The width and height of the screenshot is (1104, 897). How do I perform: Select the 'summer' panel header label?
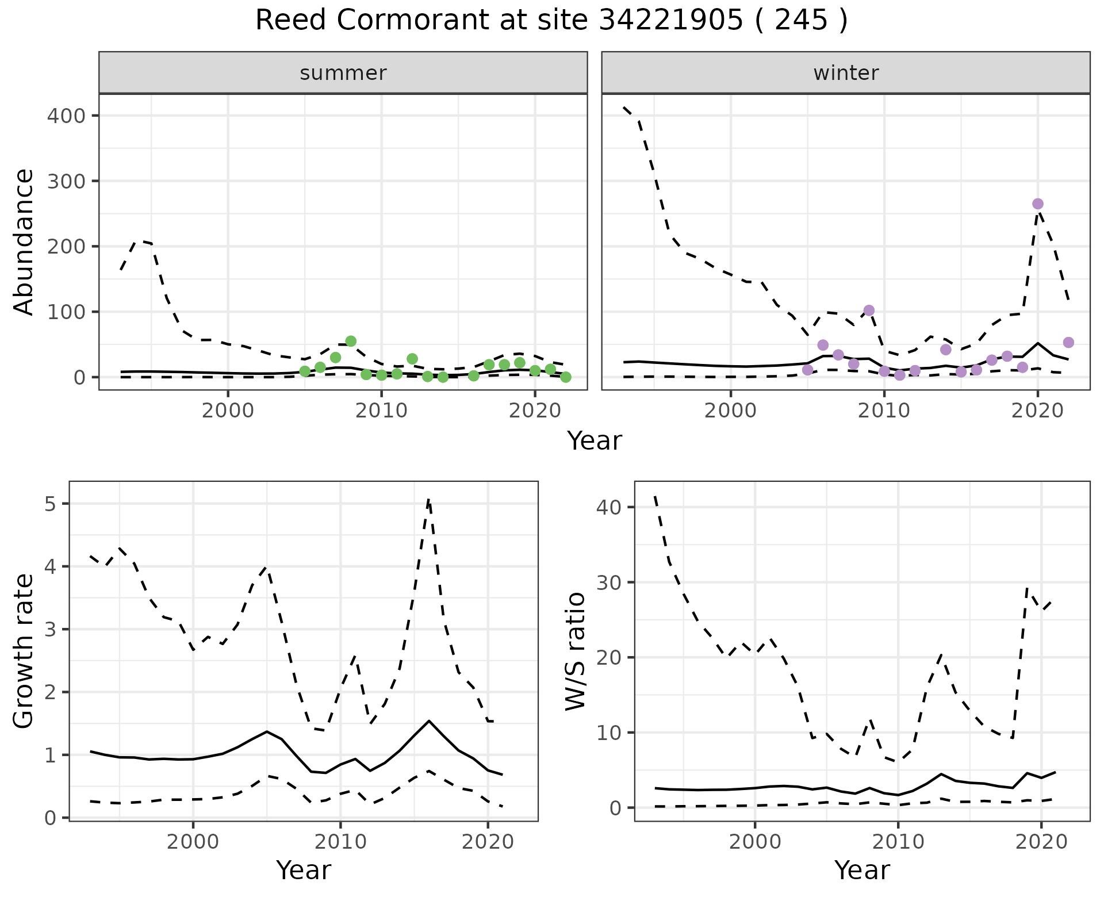(x=343, y=73)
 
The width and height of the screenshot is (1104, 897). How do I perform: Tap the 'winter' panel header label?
(x=846, y=73)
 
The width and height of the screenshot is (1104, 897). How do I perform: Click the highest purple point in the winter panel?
(x=1038, y=204)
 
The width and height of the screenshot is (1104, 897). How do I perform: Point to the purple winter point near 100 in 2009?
(x=869, y=310)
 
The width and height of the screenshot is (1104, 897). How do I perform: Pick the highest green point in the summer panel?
(x=351, y=341)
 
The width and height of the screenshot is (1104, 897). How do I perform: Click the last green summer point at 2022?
(x=566, y=377)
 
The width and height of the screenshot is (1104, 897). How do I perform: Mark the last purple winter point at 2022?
(x=1068, y=343)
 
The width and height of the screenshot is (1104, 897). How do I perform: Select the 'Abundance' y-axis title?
(x=24, y=241)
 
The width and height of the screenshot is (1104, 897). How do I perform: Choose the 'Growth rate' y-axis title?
(x=24, y=651)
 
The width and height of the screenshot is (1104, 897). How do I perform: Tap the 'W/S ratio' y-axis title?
(x=575, y=651)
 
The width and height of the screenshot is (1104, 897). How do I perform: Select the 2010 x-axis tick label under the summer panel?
(x=381, y=412)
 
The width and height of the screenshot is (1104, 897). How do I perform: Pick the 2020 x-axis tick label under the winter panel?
(x=1038, y=412)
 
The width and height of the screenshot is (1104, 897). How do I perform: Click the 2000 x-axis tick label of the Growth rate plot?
(x=193, y=842)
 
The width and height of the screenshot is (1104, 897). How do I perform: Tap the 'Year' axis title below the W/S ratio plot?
(x=862, y=870)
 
